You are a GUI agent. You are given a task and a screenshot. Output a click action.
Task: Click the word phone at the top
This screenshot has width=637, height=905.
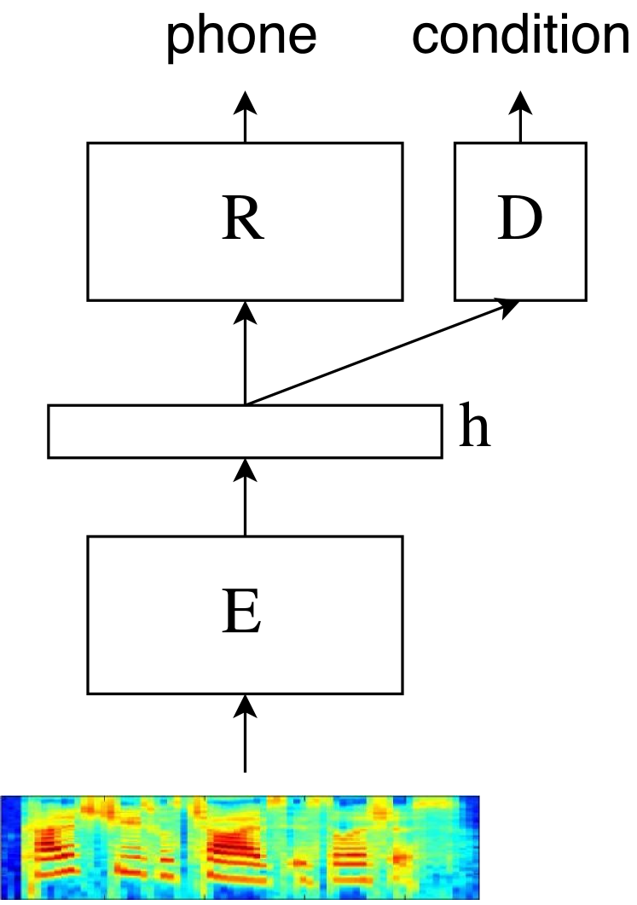click(x=241, y=36)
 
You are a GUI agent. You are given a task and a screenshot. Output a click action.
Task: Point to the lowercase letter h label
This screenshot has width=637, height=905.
click(x=475, y=429)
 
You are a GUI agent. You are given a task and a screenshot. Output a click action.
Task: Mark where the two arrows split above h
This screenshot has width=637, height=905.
click(x=246, y=403)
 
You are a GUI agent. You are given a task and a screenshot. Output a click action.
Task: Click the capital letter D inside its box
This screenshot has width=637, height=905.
click(x=519, y=220)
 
